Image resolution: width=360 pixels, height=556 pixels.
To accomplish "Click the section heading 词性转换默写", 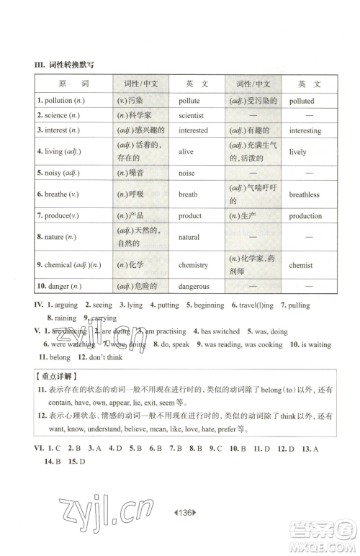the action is pos(71,66).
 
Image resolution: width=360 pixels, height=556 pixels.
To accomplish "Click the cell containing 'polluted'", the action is pos(302,102).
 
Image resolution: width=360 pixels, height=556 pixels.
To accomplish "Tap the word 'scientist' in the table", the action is pos(191,115).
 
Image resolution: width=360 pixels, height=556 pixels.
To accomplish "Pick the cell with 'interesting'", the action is pos(305,131).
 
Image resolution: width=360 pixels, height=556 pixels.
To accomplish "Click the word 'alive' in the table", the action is pos(186,152).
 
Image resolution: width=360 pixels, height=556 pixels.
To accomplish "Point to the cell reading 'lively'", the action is pos(298,152).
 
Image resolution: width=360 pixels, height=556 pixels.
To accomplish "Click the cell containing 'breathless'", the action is pos(305,194).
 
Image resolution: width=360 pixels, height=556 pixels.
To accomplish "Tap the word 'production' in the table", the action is pos(305,216).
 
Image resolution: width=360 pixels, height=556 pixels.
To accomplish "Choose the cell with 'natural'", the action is pos(189,237).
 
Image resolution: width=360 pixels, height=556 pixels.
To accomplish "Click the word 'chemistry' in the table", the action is pos(193,265).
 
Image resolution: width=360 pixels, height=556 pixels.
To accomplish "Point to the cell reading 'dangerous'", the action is pos(194,286).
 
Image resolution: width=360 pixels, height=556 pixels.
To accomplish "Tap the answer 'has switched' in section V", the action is pos(220,331).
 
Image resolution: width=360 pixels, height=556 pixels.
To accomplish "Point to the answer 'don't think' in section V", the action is pos(106,357).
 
